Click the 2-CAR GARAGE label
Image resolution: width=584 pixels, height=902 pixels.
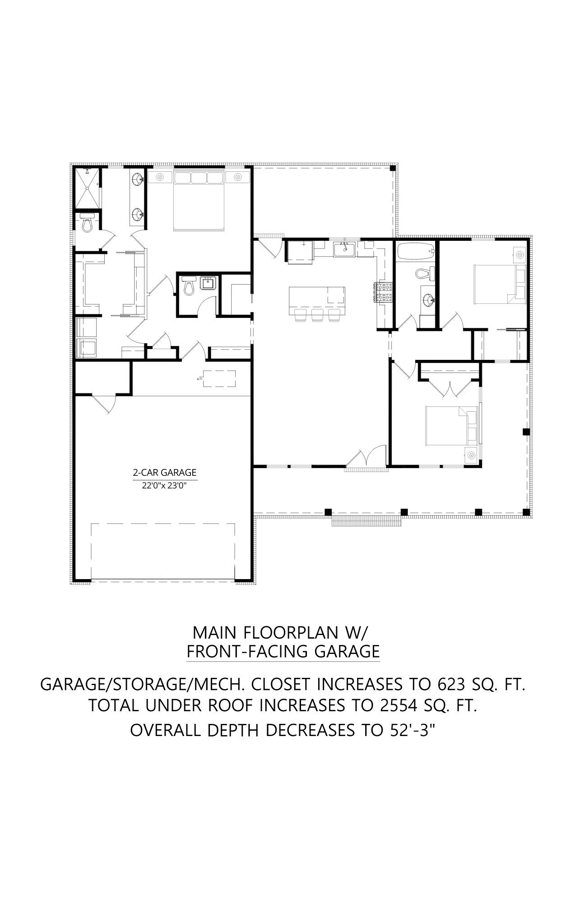[x=165, y=472]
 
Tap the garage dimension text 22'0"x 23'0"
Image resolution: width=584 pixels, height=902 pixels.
[x=165, y=486]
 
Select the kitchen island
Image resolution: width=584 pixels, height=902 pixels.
[x=317, y=301]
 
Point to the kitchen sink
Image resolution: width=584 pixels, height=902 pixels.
[x=344, y=248]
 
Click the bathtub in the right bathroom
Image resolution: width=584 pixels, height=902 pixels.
[x=415, y=251]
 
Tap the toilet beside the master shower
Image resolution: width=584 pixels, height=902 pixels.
[x=87, y=222]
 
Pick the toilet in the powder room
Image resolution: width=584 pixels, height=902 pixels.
[x=189, y=287]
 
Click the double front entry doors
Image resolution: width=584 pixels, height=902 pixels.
[x=366, y=458]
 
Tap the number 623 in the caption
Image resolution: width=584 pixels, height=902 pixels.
[x=451, y=684]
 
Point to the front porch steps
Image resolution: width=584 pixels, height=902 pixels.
[x=366, y=521]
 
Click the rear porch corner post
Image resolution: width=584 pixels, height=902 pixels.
[x=393, y=168]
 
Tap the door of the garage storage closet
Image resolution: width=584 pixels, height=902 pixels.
[x=104, y=403]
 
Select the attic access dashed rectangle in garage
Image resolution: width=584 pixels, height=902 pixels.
[x=219, y=378]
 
